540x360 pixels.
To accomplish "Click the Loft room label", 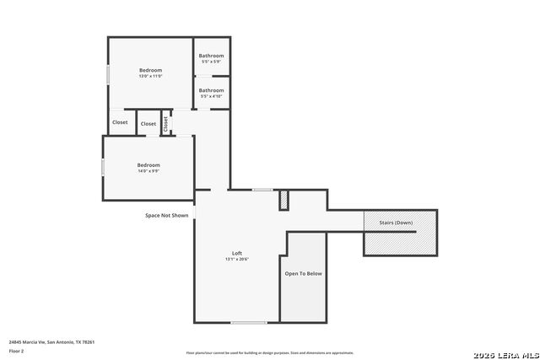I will [x=237, y=254].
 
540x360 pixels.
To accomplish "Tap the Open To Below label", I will [x=303, y=273].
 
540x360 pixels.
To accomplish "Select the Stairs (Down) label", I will [x=396, y=223].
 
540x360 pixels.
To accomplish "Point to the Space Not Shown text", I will [x=167, y=215].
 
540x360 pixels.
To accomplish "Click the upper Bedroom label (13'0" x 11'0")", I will [x=150, y=70].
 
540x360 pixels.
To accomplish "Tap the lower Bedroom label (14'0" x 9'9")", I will [x=148, y=164].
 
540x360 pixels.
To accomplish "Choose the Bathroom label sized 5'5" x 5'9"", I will [x=211, y=56].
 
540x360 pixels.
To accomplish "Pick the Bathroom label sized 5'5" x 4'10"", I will [x=211, y=90].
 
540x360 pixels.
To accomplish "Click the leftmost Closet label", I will [x=120, y=122].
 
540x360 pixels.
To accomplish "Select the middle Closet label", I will [x=148, y=124].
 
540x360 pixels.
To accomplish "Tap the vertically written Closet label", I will [x=166, y=123].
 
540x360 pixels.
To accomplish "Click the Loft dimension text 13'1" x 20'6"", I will [x=237, y=260].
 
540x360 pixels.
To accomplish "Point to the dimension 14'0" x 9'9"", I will [x=148, y=170].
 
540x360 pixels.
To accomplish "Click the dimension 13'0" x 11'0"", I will [x=150, y=76].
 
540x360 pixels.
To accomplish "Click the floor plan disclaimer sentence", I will [x=270, y=353].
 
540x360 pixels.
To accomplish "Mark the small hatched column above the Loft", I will [x=284, y=201].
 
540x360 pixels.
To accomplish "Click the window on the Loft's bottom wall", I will [x=249, y=322].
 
